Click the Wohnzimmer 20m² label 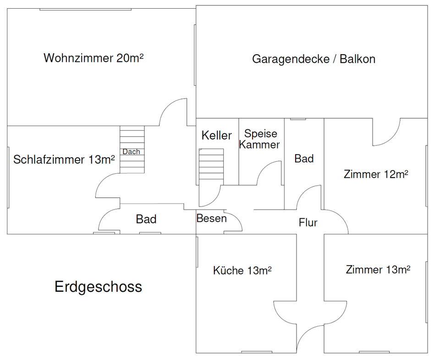pyautogui.click(x=93, y=58)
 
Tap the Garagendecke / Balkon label pyautogui.click(x=313, y=59)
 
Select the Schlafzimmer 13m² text pyautogui.click(x=64, y=160)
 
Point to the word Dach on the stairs pyautogui.click(x=132, y=152)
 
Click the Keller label pyautogui.click(x=217, y=135)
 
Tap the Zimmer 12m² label pyautogui.click(x=376, y=174)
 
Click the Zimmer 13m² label pyautogui.click(x=378, y=270)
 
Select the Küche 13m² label pyautogui.click(x=242, y=271)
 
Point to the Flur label pyautogui.click(x=308, y=223)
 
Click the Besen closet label pyautogui.click(x=212, y=218)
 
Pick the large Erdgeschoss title pyautogui.click(x=98, y=287)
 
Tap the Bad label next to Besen pyautogui.click(x=146, y=219)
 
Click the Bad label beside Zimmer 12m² pyautogui.click(x=304, y=159)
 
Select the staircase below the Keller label pyautogui.click(x=211, y=164)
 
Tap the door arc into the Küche pyautogui.click(x=280, y=316)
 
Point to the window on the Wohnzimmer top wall pyautogui.click(x=86, y=9)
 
